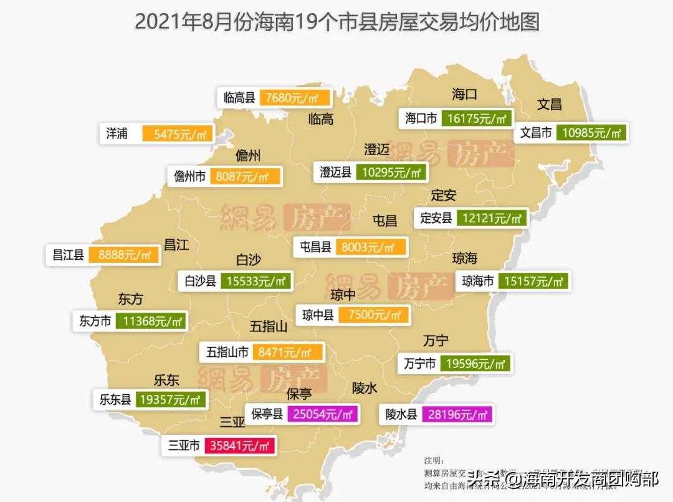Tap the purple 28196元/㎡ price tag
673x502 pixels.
pos(457,414)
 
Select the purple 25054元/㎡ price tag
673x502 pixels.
pos(322,414)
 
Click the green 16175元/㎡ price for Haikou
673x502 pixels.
pos(477,118)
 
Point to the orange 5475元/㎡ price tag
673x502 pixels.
pos(178,133)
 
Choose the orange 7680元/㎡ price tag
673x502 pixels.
pos(297,98)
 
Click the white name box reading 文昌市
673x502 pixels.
pos(536,133)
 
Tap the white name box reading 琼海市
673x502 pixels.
pos(478,282)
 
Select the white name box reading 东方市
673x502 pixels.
pos(95,321)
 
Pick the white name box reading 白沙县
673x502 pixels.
pos(200,282)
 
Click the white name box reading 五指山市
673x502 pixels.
pos(227,353)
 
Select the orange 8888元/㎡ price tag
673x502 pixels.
pos(125,255)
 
